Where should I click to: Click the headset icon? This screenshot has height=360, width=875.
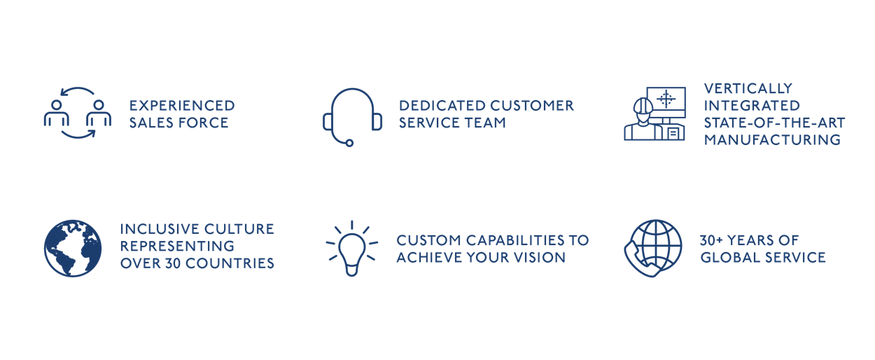[332, 117]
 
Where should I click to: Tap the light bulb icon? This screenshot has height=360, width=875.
[352, 250]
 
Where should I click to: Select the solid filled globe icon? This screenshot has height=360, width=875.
[73, 248]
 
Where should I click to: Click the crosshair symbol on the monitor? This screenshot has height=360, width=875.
[666, 99]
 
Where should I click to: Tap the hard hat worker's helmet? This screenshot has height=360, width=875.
[643, 106]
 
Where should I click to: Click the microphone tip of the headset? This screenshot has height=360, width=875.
[349, 143]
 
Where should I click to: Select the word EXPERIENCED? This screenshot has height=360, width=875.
[182, 106]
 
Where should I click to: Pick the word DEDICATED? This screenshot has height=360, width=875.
[442, 106]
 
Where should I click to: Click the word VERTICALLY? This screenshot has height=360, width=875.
[748, 88]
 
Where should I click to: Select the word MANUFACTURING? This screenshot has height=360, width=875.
[772, 140]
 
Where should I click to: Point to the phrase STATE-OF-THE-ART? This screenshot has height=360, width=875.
[774, 123]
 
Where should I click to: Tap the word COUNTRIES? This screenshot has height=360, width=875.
[230, 263]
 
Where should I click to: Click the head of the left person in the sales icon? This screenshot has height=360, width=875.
[57, 105]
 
